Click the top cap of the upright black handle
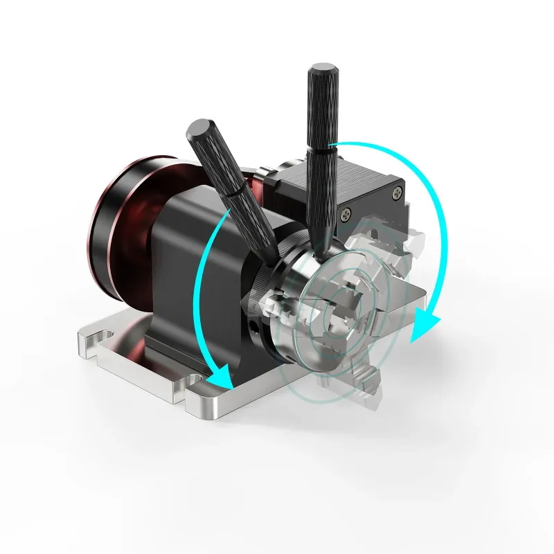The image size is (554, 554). pos(323,70)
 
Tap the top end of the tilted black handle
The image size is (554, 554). pos(195,129)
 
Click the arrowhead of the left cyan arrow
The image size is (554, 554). pos(220,379)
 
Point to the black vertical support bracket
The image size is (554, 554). pos(181,277)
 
